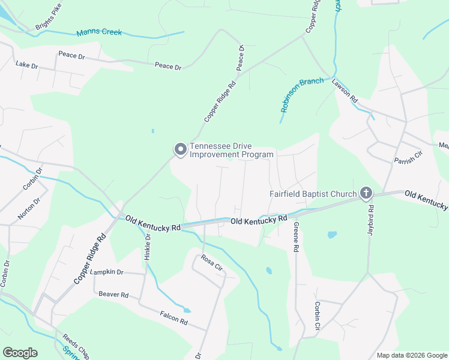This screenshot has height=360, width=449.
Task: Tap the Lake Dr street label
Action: (26, 64)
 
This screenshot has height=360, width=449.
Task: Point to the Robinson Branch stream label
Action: (302, 94)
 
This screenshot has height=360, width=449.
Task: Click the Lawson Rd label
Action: (345, 91)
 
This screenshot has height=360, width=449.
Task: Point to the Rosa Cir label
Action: (212, 263)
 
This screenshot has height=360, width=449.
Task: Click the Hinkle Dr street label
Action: (148, 246)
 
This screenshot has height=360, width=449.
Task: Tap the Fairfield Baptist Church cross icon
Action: (366, 193)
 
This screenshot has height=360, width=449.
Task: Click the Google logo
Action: (20, 353)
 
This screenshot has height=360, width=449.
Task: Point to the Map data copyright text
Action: (411, 355)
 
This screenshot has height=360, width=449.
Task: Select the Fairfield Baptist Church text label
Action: (312, 194)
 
